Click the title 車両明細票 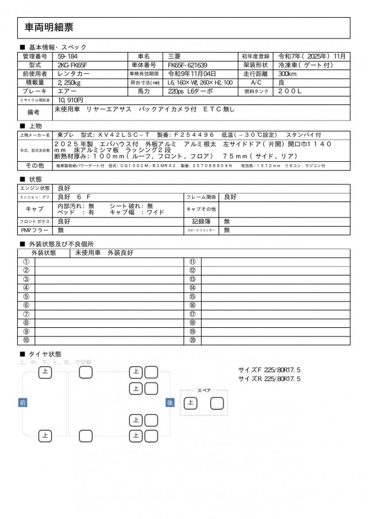coord(49,27)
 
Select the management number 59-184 coord(69,56)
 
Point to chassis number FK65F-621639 coord(188,65)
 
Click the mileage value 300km coord(287,73)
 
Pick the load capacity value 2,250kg coord(69,82)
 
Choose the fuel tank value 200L coord(290,91)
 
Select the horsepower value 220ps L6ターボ coord(190,91)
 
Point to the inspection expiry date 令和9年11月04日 coord(192,73)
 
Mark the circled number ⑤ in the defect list coord(26,297)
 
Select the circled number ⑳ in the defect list coord(193,340)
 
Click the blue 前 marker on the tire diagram coord(23,403)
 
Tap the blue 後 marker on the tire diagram coord(170,403)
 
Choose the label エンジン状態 coord(35,188)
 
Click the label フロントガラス coord(35,221)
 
